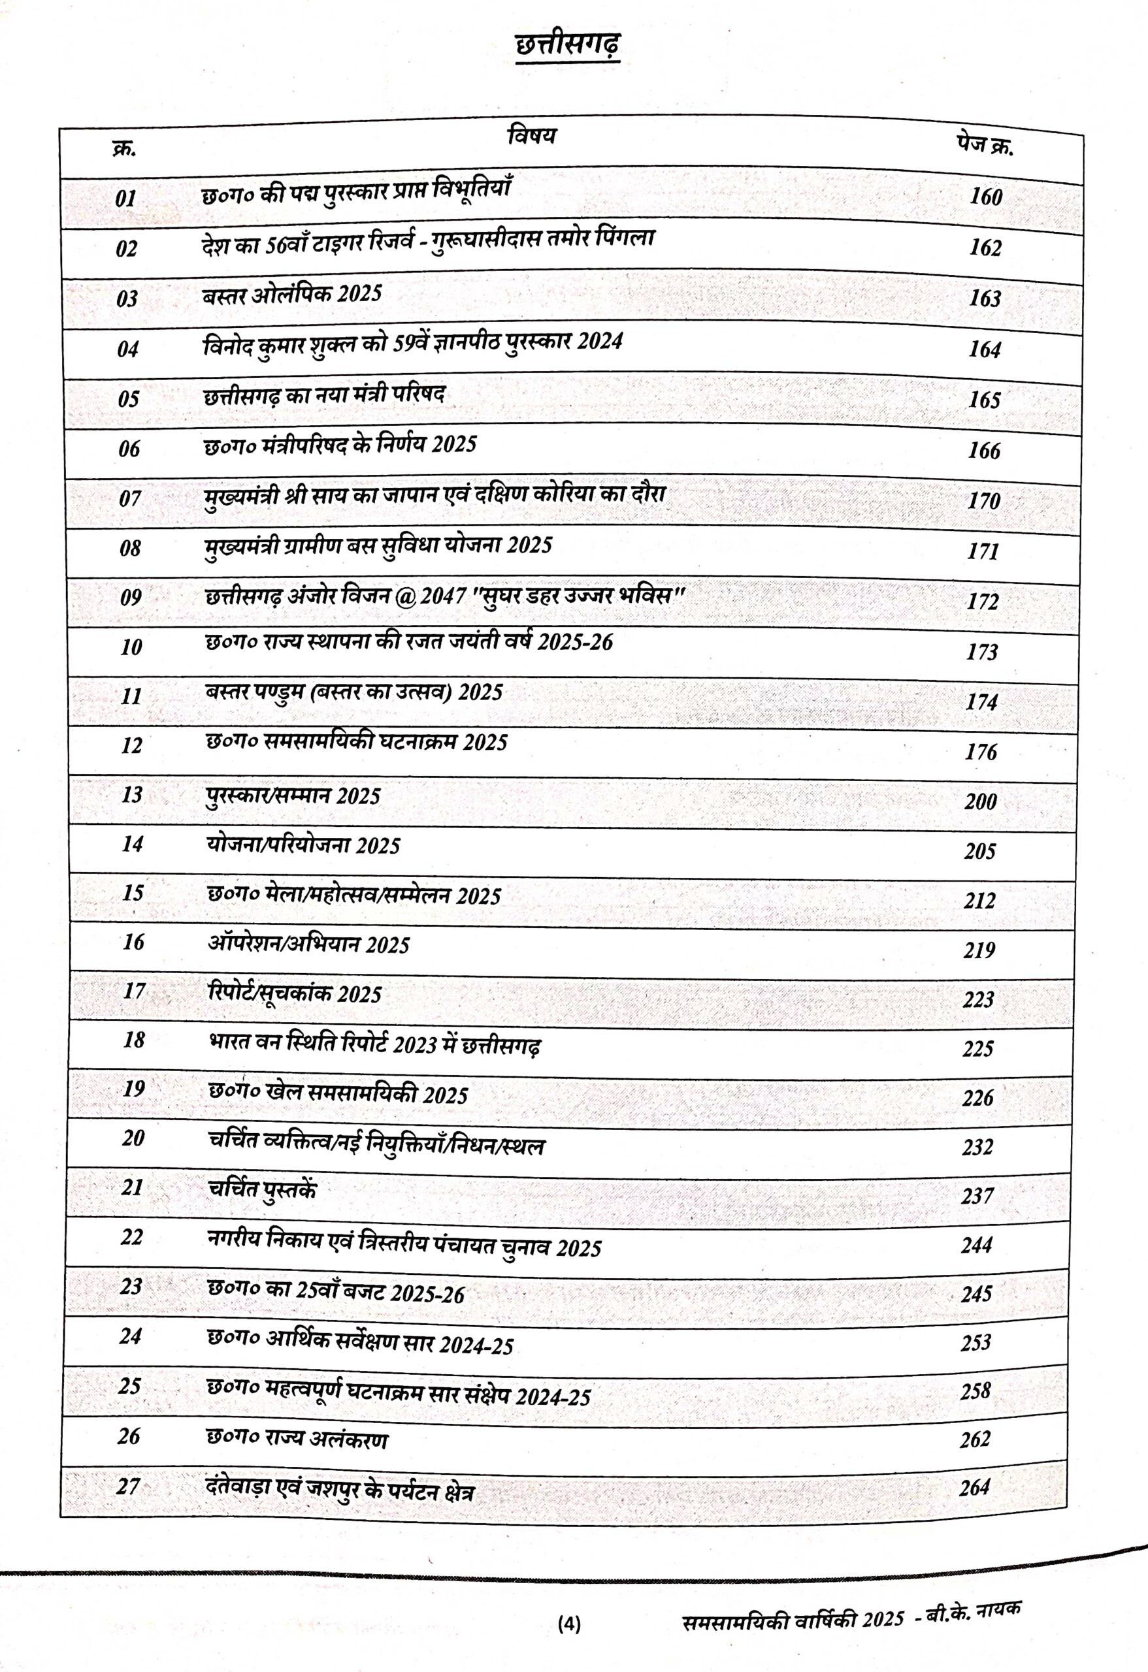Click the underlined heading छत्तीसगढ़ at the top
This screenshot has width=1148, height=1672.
click(x=567, y=46)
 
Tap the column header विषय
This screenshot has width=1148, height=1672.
click(x=532, y=135)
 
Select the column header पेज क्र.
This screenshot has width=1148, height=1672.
click(x=985, y=146)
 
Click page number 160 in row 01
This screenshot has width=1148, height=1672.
click(x=985, y=197)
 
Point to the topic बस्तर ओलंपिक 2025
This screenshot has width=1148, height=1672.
click(x=291, y=295)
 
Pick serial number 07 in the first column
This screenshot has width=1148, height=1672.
click(x=130, y=498)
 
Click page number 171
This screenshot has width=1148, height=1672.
click(x=983, y=551)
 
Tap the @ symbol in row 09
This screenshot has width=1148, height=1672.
click(x=406, y=596)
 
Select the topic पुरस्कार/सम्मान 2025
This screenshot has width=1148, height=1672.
click(x=293, y=796)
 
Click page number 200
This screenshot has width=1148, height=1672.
click(x=980, y=801)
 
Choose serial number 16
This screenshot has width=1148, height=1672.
click(x=133, y=942)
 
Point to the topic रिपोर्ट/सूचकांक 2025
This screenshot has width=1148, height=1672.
click(x=295, y=993)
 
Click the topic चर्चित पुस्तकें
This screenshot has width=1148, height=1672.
click(x=262, y=1189)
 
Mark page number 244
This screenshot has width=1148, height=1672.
click(x=977, y=1245)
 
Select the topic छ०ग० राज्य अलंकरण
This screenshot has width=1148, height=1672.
click(x=297, y=1439)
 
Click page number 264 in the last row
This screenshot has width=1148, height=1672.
click(x=975, y=1487)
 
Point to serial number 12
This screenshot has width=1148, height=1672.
click(x=132, y=745)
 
